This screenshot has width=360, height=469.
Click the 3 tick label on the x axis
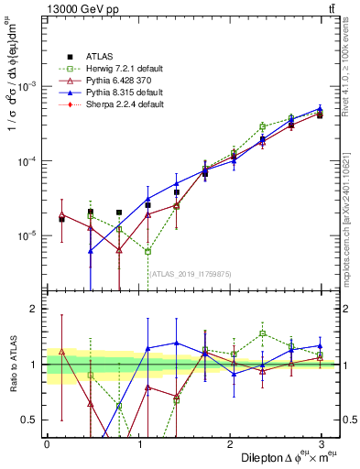click(x=322, y=443)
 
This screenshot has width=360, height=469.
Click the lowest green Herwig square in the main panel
click(x=147, y=251)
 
